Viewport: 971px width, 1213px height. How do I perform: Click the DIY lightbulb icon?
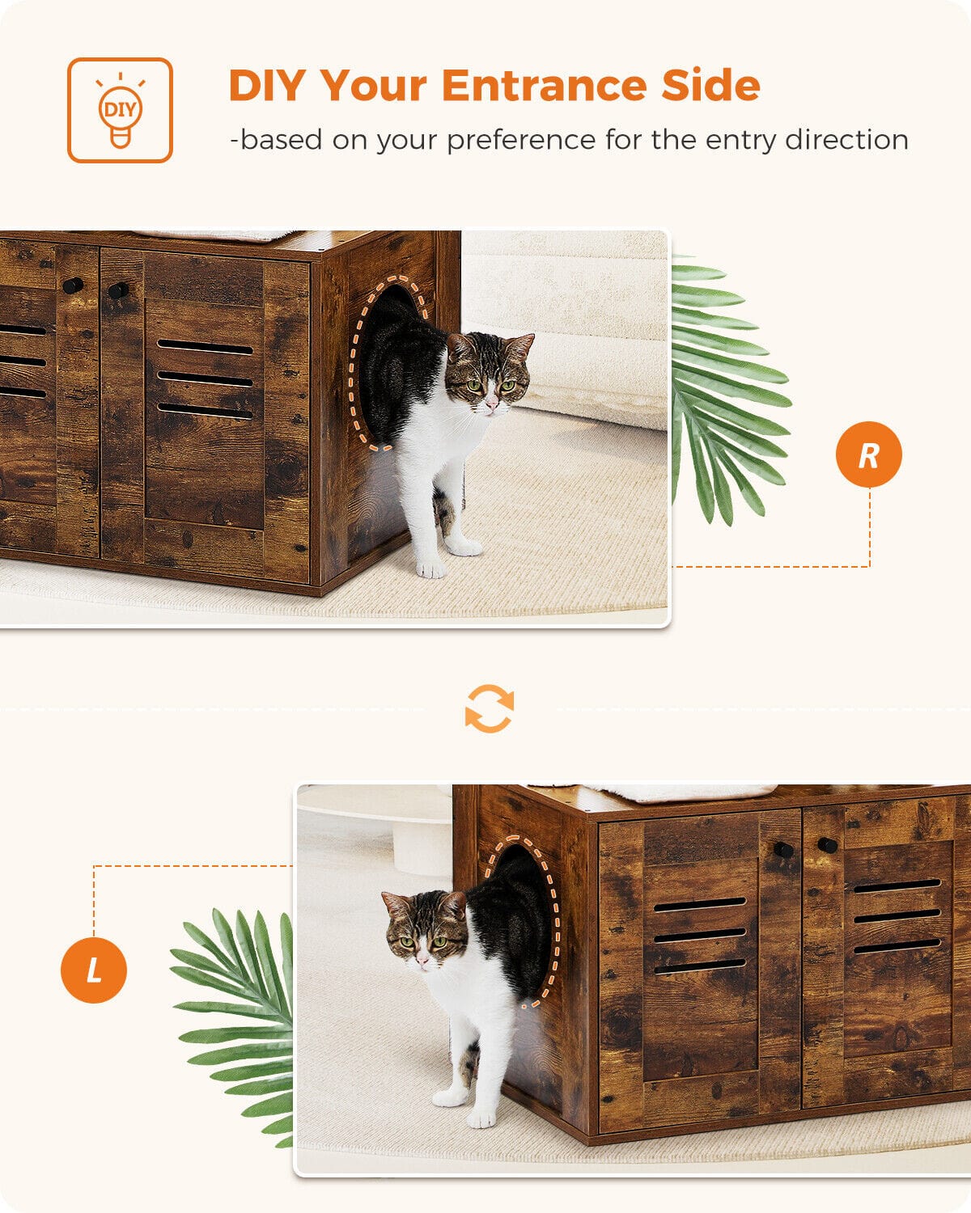(120, 111)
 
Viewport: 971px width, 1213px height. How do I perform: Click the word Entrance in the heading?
(545, 85)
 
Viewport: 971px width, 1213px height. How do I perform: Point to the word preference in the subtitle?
(521, 141)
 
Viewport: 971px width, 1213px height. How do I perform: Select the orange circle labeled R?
(869, 454)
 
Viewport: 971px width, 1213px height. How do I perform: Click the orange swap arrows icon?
(490, 708)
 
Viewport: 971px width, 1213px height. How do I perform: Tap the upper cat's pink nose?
(491, 404)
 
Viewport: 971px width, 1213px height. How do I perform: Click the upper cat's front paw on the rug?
(431, 569)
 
